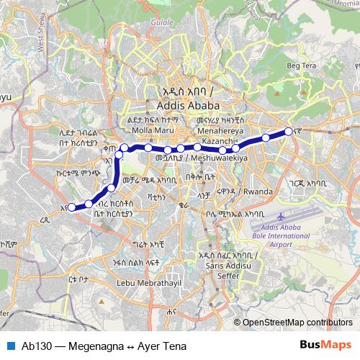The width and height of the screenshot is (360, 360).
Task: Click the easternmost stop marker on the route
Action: pos(289,132)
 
